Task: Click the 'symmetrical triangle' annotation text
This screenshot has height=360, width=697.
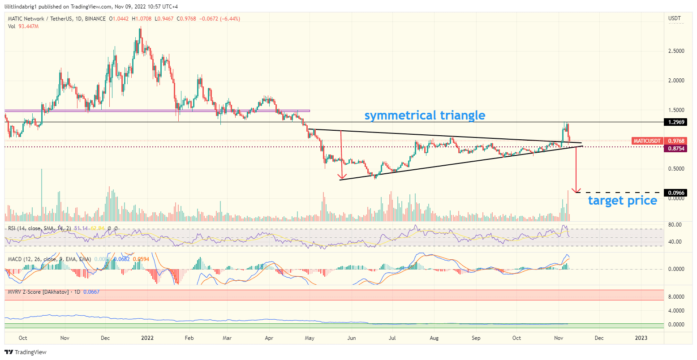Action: point(425,116)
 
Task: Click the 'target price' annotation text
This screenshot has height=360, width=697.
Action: point(622,201)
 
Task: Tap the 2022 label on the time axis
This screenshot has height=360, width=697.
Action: point(147,338)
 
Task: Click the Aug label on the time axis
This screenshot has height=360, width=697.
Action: point(434,338)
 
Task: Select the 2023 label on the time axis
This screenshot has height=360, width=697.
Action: point(641,338)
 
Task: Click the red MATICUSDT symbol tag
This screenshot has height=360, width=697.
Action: point(647,141)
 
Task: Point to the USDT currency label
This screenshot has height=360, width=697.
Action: point(674,18)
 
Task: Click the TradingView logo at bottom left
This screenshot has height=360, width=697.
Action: point(26,352)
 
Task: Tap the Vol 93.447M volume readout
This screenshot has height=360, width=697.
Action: point(24,26)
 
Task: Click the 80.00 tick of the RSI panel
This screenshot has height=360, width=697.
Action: point(675,225)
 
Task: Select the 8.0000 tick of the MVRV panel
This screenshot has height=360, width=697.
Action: point(675,297)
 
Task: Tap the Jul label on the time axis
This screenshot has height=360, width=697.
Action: point(392,338)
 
